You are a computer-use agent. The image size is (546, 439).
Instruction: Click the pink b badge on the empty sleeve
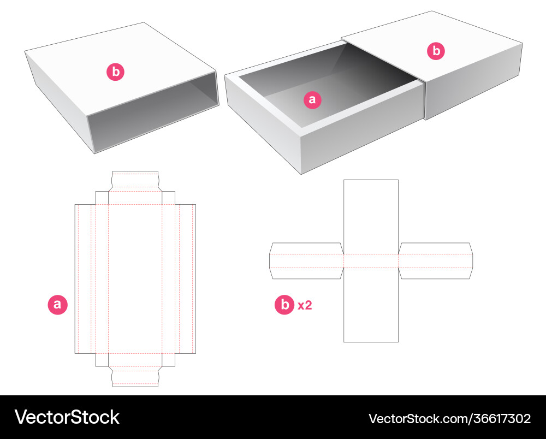[x=115, y=72]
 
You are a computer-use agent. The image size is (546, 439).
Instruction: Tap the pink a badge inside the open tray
[x=312, y=99]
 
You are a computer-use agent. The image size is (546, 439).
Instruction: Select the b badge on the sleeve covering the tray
[x=436, y=51]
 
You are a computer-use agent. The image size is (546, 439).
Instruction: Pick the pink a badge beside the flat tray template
[x=58, y=305]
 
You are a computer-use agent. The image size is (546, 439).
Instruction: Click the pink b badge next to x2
[x=284, y=305]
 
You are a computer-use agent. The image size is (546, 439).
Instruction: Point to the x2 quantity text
[x=305, y=305]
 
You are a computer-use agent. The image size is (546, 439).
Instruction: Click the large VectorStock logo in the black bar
[x=67, y=418]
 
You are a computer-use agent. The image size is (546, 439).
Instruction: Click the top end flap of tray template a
[x=135, y=180]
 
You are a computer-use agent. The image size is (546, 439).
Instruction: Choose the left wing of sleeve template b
[x=306, y=261]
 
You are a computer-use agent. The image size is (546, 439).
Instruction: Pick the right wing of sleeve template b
[x=435, y=261]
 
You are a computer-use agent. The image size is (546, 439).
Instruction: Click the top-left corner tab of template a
[x=102, y=198]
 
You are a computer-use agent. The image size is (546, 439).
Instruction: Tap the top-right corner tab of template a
[x=169, y=198]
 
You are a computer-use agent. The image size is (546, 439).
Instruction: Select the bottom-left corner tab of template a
[x=102, y=360]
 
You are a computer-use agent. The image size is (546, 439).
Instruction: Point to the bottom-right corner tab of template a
[x=169, y=360]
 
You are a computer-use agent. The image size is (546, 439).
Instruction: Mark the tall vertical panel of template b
[x=371, y=306]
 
